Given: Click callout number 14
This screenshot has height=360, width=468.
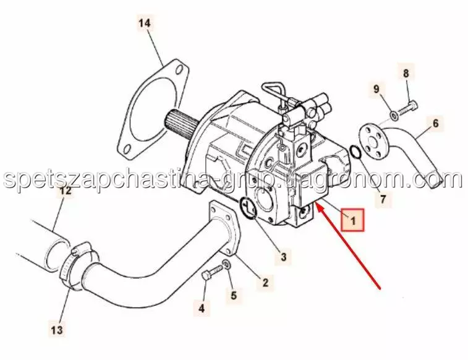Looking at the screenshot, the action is click(145, 23).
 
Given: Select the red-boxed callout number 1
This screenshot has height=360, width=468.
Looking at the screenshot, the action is click(353, 220).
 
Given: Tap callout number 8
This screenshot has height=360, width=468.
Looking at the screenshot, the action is click(406, 73).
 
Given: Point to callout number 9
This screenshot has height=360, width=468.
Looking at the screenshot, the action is click(377, 89).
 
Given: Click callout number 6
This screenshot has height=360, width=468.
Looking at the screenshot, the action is click(435, 123).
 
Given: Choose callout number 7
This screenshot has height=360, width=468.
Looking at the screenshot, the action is click(383, 199).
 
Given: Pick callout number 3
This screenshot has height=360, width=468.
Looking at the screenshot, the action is click(283, 257).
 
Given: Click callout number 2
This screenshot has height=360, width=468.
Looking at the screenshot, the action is click(265, 282).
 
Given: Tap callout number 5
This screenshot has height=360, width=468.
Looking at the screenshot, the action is click(234, 295).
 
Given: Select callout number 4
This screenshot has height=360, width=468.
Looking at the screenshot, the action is click(202, 307).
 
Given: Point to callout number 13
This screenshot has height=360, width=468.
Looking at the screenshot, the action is click(57, 330).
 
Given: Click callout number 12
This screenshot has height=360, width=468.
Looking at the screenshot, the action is click(66, 191).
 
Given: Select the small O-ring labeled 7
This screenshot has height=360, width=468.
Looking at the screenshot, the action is click(355, 152).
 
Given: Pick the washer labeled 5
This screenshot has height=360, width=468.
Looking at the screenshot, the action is click(226, 264).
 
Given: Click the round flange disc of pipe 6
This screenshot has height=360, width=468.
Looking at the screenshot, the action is click(372, 141).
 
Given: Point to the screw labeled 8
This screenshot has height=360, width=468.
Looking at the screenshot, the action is click(408, 109).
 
